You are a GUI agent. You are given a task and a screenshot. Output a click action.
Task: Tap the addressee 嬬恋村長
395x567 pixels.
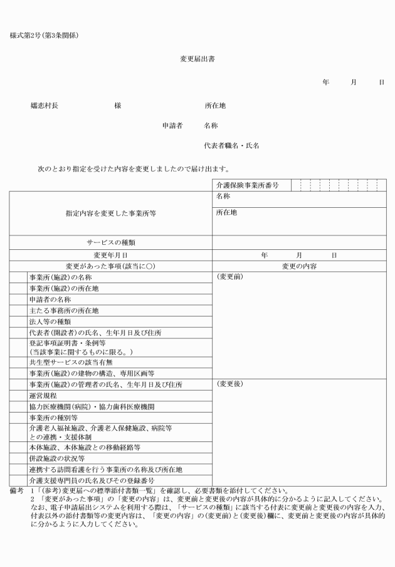pos(45,105)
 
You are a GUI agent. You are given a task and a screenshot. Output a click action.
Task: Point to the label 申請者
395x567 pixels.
pos(172,126)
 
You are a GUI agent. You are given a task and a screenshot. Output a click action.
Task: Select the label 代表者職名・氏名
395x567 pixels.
pos(231,145)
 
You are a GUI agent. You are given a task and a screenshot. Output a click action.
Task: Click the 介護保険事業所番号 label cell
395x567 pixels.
pos(246,185)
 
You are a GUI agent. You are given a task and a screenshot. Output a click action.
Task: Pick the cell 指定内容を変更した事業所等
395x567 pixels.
pos(110,213)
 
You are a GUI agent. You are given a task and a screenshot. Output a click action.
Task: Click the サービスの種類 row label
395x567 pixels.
pos(110,242)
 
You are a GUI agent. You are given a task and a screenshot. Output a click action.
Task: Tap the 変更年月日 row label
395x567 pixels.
pos(110,255)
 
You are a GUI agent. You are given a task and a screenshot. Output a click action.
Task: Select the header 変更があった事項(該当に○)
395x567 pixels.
pos(110,266)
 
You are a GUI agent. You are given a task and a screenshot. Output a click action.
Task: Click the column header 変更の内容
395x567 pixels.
pos(299,266)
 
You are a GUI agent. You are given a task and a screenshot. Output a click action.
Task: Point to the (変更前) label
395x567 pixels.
pos(229,277)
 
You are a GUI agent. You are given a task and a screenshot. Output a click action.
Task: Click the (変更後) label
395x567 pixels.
pos(229,384)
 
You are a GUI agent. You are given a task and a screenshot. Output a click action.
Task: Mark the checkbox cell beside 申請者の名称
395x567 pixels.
pos(18,299)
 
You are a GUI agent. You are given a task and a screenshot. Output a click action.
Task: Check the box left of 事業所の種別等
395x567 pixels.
pos(18,418)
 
